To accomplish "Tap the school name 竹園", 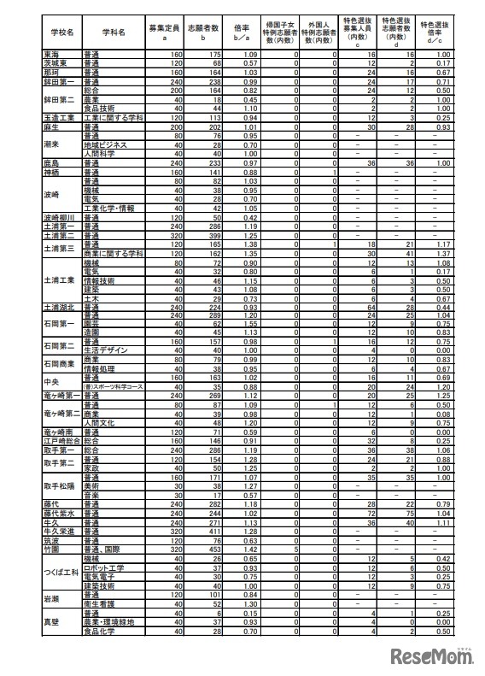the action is tap(53, 549).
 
